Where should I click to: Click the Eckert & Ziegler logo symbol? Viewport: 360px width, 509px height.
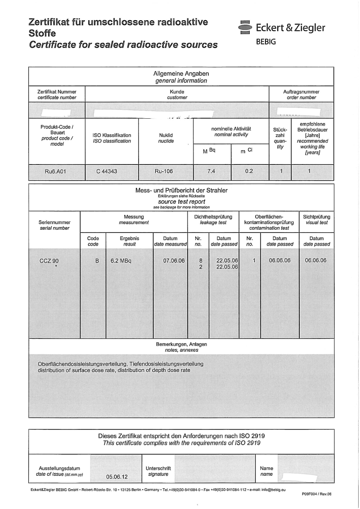(x=245, y=27)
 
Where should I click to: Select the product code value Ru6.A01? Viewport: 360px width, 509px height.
(x=56, y=171)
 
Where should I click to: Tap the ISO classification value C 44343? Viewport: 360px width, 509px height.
(x=107, y=171)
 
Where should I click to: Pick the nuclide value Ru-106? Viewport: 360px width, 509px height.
(x=163, y=171)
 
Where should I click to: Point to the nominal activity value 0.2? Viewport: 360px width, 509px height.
(x=249, y=171)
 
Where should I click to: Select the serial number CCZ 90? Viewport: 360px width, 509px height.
(x=49, y=261)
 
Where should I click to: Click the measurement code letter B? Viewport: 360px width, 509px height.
(x=96, y=261)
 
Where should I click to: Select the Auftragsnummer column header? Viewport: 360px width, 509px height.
(x=301, y=91)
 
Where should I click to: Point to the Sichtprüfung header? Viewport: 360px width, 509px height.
(x=315, y=217)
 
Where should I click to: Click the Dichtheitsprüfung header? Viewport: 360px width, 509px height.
(x=213, y=217)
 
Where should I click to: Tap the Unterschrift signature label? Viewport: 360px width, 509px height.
(x=158, y=468)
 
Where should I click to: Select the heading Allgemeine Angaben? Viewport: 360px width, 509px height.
(x=181, y=74)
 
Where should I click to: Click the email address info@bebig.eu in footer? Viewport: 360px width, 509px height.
(x=273, y=489)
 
